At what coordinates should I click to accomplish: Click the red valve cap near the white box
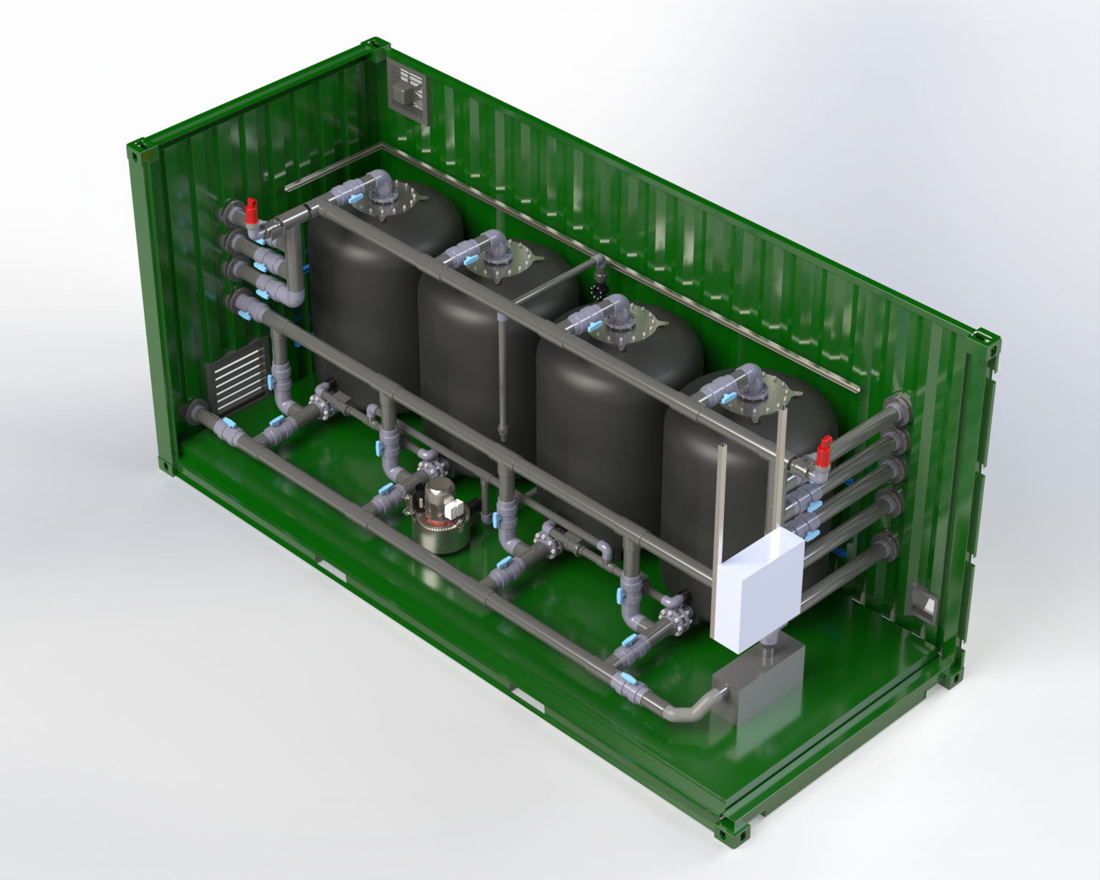point(824,450)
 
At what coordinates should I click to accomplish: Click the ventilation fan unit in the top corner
point(409,90)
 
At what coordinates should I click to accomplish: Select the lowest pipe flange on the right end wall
point(888,548)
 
